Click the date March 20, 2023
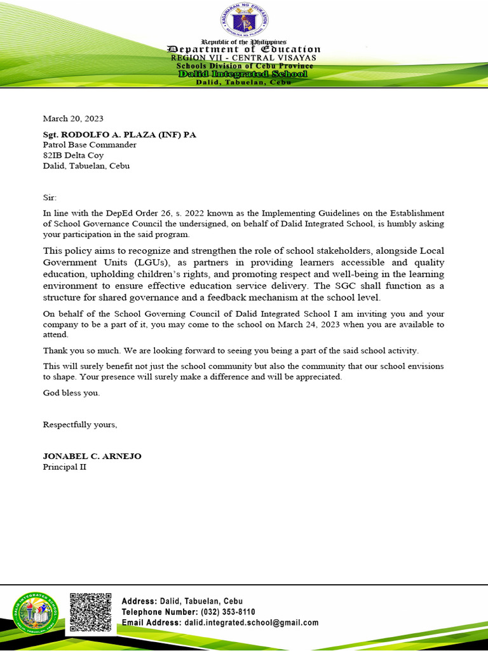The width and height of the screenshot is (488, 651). (72, 118)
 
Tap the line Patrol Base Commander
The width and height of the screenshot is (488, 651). (90, 145)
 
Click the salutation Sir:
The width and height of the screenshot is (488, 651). (50, 198)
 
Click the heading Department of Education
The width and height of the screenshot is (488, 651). (244, 49)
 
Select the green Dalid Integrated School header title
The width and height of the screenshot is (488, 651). (243, 74)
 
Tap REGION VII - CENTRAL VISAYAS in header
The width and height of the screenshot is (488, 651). (244, 58)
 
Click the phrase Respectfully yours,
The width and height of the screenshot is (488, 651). (80, 425)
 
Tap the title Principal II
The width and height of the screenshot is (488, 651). (64, 467)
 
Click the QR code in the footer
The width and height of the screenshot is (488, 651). (90, 612)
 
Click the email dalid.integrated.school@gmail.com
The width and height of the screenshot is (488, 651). (252, 623)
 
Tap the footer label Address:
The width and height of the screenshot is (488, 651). (139, 601)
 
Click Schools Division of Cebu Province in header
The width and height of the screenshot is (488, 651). (244, 66)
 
